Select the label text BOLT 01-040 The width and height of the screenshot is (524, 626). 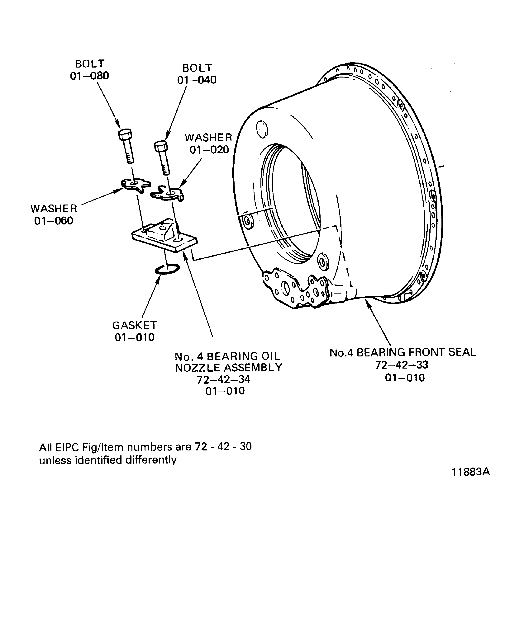coord(197,74)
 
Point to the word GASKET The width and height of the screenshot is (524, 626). coord(135,325)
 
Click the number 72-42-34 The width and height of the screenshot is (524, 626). coord(224,379)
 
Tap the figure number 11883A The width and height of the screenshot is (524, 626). coord(471,472)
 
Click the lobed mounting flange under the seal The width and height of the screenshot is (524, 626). coord(295,289)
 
